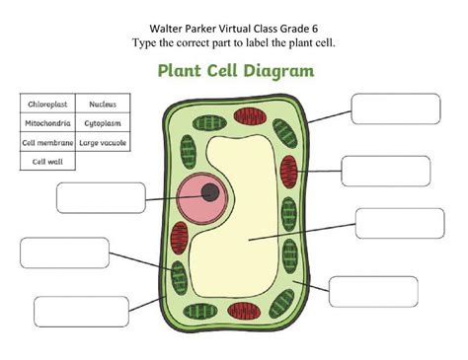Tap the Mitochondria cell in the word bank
tap(46, 123)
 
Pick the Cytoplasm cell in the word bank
tap(105, 123)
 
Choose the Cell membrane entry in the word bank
tap(46, 143)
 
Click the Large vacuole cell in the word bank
tap(105, 143)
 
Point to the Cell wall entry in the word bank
tap(46, 162)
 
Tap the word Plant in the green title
tap(180, 71)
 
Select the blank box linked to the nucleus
tap(100, 198)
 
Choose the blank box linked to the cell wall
tap(396, 108)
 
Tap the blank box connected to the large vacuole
tap(399, 223)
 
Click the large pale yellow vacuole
tap(257, 237)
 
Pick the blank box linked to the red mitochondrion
tap(385, 171)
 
